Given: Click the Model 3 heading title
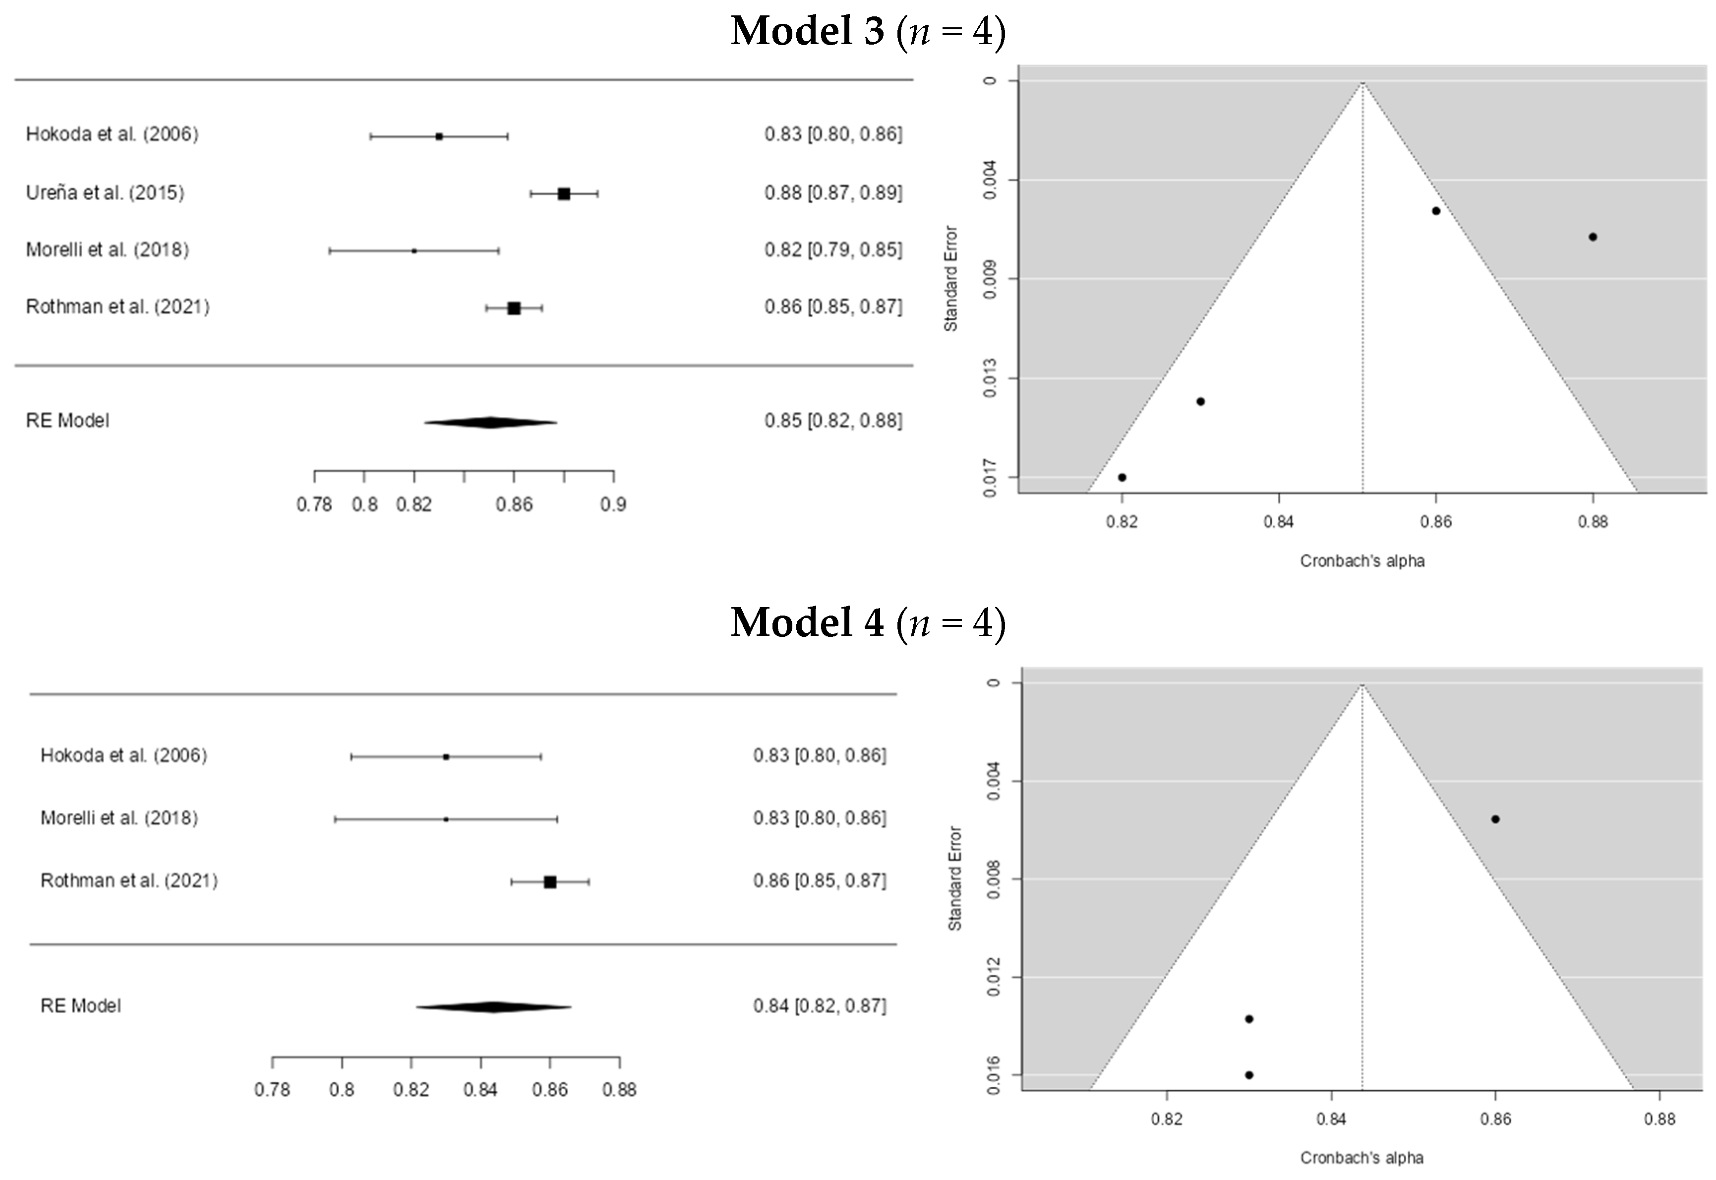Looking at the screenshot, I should click(868, 32).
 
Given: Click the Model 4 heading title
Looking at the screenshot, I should click(868, 622).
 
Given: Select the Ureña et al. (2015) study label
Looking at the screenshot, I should click(105, 193).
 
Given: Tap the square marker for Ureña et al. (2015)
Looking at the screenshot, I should click(564, 194).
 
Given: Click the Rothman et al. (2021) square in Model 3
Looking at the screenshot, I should click(514, 308).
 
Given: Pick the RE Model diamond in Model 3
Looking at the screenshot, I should click(490, 422).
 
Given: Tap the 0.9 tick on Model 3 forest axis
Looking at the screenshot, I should click(613, 504).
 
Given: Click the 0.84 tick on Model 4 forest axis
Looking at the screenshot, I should click(480, 1089).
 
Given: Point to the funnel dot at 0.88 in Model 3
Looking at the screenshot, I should click(1593, 237).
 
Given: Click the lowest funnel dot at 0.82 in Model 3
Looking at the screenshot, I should click(1122, 477).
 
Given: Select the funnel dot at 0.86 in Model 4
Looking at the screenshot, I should click(1495, 818).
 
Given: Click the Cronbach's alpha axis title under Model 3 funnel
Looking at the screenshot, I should click(1362, 561).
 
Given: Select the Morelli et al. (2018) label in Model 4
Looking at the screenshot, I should click(119, 818).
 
